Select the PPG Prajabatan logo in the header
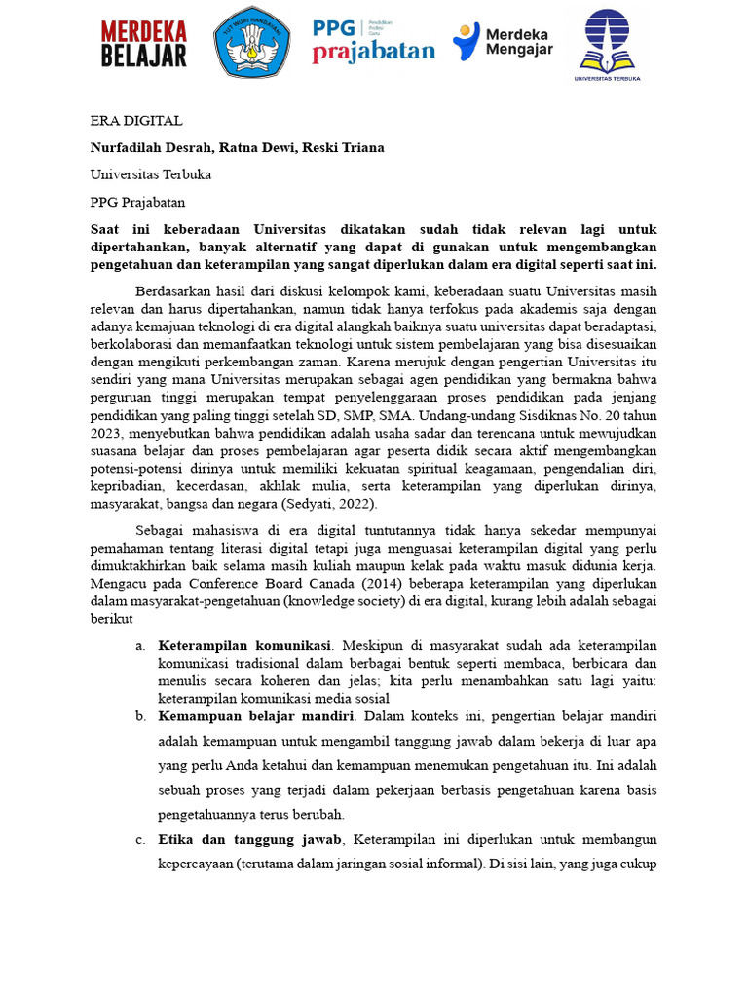pyautogui.click(x=373, y=42)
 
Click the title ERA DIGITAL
pyautogui.click(x=135, y=121)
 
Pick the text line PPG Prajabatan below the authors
pyautogui.click(x=136, y=202)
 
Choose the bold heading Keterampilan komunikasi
pyautogui.click(x=244, y=645)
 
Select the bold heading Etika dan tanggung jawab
pyautogui.click(x=250, y=839)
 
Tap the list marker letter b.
pyautogui.click(x=140, y=716)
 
